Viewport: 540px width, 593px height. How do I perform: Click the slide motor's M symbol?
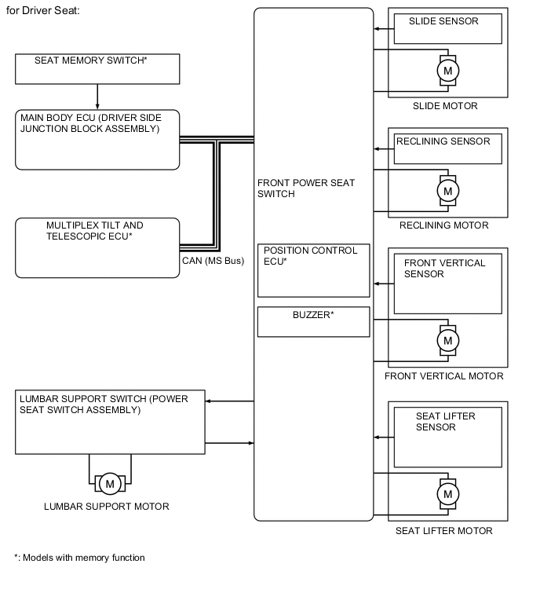point(448,71)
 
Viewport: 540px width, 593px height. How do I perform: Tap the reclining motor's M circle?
point(448,191)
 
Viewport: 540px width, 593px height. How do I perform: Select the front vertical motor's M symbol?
point(448,341)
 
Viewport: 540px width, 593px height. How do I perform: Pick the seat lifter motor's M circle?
point(448,494)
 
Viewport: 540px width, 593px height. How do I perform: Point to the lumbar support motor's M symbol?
point(109,483)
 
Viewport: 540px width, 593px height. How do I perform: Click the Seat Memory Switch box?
point(97,68)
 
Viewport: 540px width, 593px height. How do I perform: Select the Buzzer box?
point(313,321)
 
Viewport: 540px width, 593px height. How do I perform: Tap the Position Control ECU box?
point(313,269)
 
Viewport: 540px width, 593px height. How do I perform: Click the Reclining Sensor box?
point(447,149)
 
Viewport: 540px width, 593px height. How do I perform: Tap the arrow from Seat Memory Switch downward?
point(97,97)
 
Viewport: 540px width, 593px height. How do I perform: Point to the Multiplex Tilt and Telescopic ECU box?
point(97,248)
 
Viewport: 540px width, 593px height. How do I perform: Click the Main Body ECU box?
point(97,140)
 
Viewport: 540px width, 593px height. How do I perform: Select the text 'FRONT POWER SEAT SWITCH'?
point(305,188)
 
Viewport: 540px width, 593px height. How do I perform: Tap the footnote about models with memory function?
point(79,558)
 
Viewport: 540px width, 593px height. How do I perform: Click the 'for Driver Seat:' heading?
point(42,10)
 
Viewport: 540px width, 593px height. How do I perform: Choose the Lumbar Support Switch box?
point(109,422)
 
